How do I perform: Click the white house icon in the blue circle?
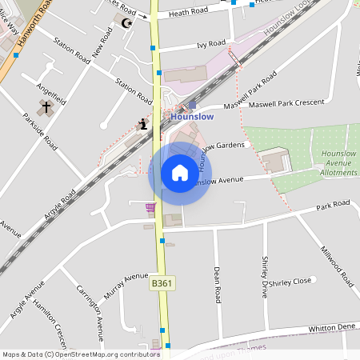coord(180,173)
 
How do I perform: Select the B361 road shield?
coord(162,283)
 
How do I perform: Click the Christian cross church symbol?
coord(46,106)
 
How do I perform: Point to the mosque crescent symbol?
coord(126,23)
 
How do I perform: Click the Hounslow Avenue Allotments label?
coord(338,162)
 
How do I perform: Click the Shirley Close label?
coord(291,282)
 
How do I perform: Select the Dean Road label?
coord(217,284)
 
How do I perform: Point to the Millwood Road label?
coord(337,267)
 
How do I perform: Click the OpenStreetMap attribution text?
coord(81,354)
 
